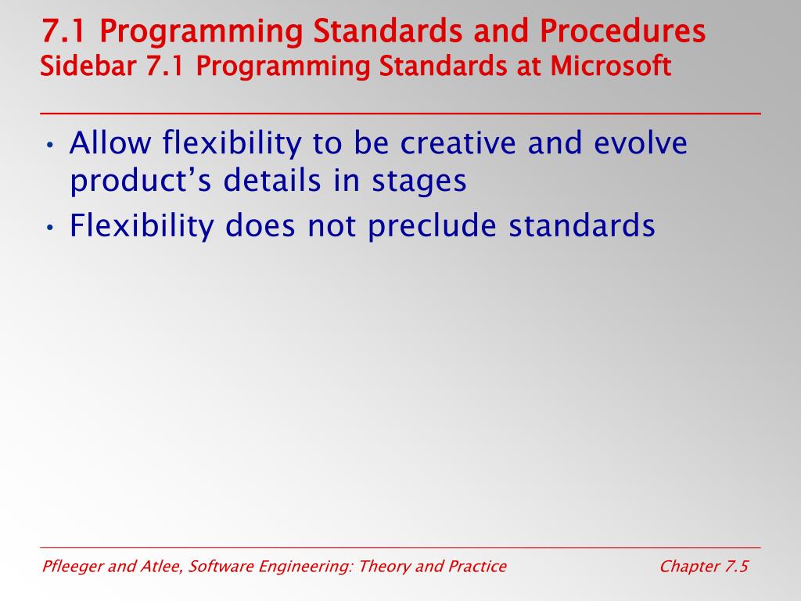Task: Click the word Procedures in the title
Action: [x=622, y=31]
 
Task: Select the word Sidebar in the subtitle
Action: [x=88, y=66]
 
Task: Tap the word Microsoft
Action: [x=610, y=66]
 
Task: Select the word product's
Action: [x=141, y=181]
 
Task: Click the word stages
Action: [x=419, y=182]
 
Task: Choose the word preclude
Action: [x=432, y=226]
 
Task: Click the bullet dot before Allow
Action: [x=49, y=145]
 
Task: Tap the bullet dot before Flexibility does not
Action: [x=49, y=228]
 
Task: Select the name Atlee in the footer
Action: [x=160, y=567]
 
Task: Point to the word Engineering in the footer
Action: [x=306, y=567]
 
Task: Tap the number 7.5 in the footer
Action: [x=736, y=567]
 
